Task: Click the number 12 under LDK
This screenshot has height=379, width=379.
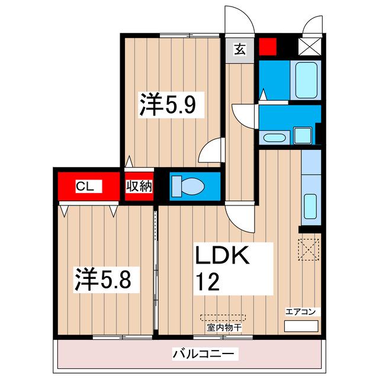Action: pyautogui.click(x=207, y=280)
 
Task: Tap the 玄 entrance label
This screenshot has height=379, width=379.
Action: pyautogui.click(x=239, y=49)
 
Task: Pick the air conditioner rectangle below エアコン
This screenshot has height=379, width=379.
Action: pyautogui.click(x=301, y=326)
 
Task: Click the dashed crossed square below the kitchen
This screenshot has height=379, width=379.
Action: pyautogui.click(x=309, y=248)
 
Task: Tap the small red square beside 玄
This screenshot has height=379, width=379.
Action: pyautogui.click(x=268, y=46)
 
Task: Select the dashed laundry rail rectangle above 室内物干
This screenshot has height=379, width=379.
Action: pyautogui.click(x=218, y=317)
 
